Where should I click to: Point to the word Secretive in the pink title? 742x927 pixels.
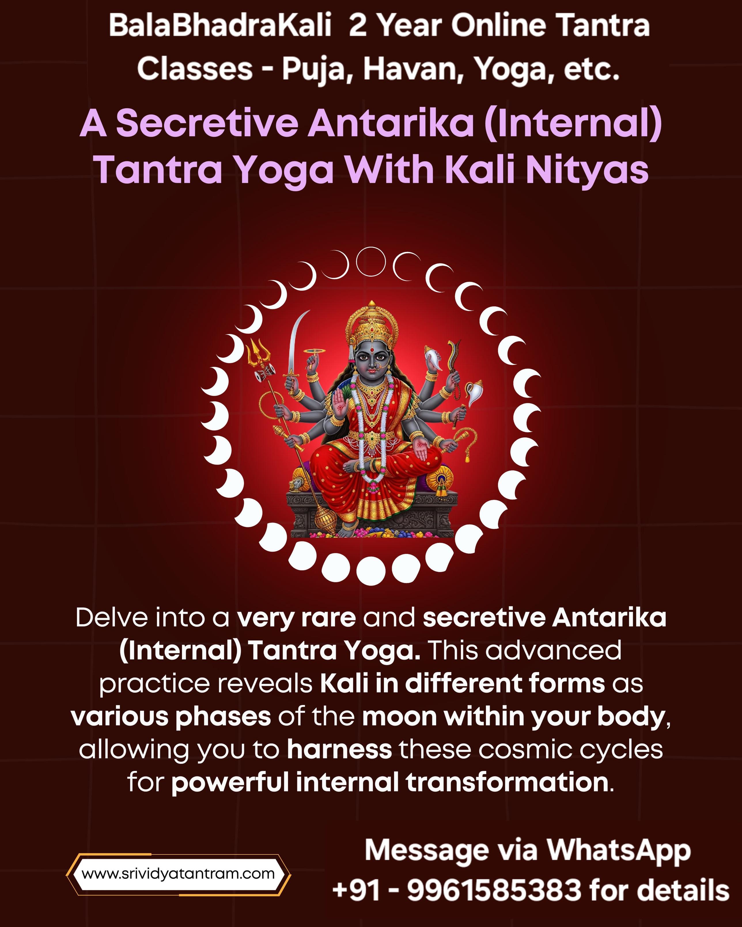tap(207, 124)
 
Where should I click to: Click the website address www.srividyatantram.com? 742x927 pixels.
tap(178, 874)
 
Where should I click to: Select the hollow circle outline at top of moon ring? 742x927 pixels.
tap(371, 261)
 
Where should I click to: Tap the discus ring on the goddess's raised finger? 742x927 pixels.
tap(315, 352)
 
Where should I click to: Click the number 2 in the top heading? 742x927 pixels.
tap(358, 26)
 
